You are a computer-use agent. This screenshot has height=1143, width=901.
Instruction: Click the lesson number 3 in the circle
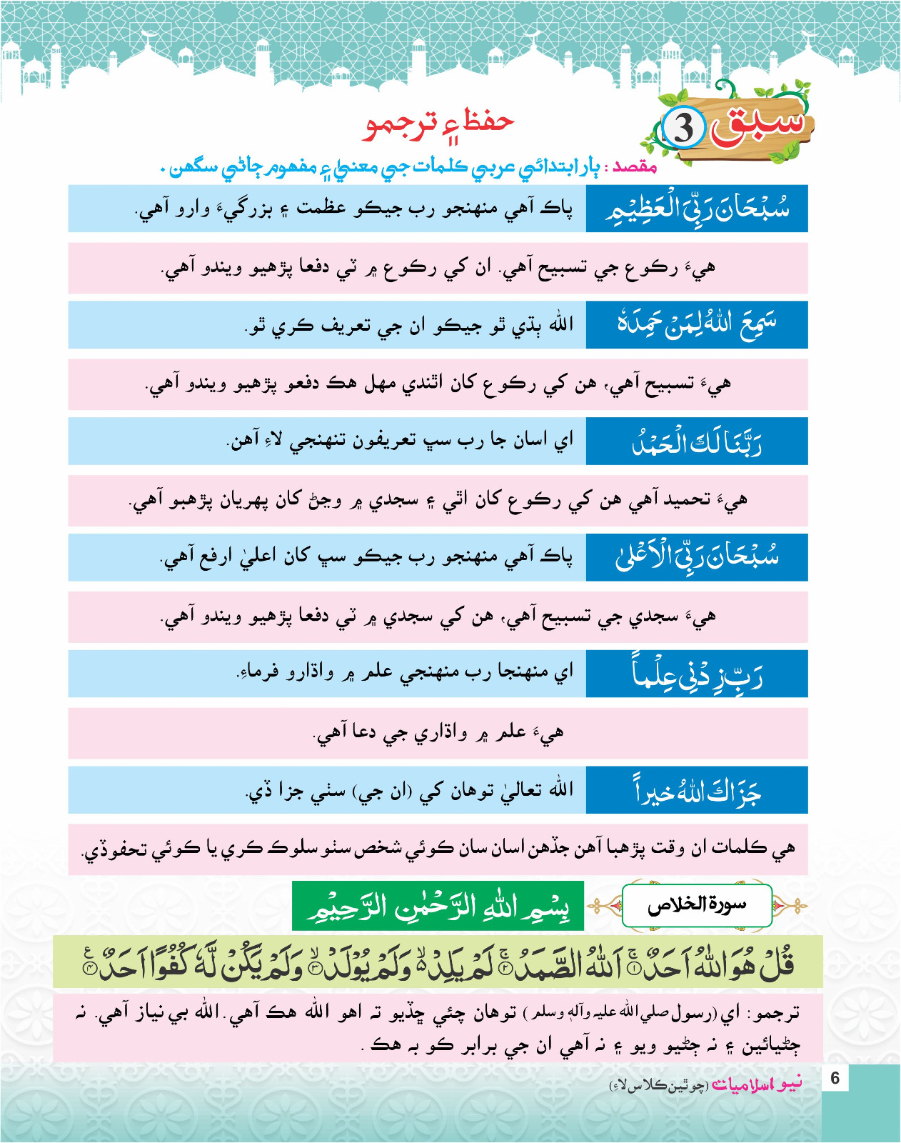click(683, 129)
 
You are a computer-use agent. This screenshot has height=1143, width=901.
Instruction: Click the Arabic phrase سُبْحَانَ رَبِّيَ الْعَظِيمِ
click(697, 209)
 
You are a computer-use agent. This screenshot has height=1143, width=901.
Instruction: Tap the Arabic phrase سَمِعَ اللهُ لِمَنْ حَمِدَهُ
click(697, 324)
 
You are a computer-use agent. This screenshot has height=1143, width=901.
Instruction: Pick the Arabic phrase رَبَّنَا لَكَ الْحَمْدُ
click(697, 441)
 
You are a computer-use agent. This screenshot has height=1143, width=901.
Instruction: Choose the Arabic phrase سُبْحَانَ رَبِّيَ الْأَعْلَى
click(697, 557)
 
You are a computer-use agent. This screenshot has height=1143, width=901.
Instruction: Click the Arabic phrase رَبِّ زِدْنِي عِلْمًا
click(697, 674)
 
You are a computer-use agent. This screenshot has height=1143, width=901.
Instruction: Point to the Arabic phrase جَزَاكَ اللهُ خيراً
click(697, 790)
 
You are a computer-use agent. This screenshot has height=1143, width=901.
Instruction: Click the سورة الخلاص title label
click(697, 906)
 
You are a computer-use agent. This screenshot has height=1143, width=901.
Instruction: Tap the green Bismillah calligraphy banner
click(438, 906)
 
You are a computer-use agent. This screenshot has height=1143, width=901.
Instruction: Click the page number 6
click(835, 1077)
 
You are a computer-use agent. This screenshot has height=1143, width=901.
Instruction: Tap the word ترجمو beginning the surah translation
click(777, 1013)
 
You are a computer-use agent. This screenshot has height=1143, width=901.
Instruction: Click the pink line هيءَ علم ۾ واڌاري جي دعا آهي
click(438, 732)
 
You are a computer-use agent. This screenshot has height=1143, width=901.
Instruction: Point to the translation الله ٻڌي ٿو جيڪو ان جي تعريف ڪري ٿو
click(409, 325)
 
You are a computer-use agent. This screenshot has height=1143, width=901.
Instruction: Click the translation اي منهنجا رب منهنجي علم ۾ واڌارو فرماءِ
click(405, 673)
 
